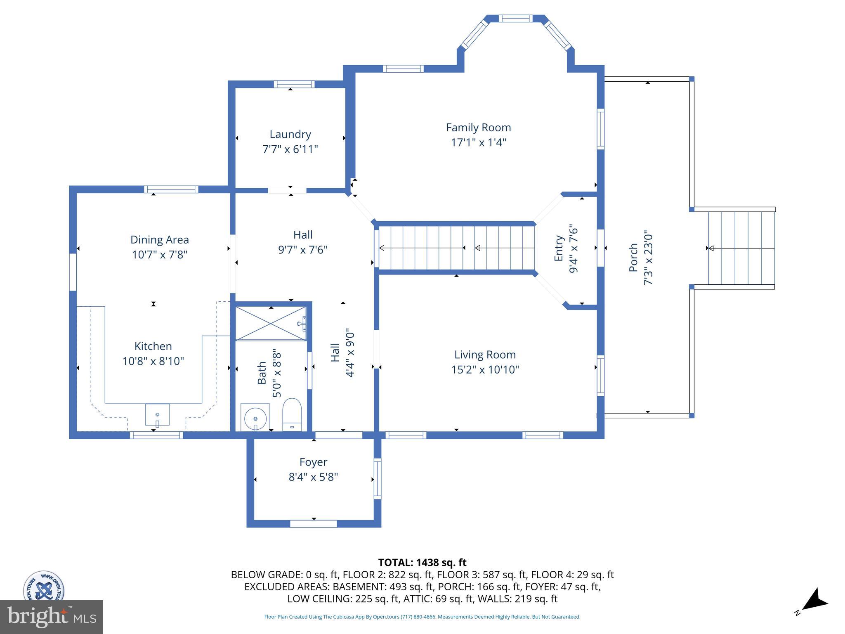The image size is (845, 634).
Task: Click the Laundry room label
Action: pyautogui.click(x=290, y=134)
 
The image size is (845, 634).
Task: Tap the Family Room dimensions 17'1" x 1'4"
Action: pyautogui.click(x=478, y=142)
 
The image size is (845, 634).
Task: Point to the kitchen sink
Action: pyautogui.click(x=157, y=414)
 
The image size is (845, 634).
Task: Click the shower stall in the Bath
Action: pyautogui.click(x=271, y=323)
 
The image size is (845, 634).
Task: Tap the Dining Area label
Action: pyautogui.click(x=160, y=240)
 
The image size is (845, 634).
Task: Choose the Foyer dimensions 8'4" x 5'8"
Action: pyautogui.click(x=313, y=477)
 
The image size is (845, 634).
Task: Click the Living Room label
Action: pyautogui.click(x=485, y=355)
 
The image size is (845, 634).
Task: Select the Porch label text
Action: pyautogui.click(x=633, y=258)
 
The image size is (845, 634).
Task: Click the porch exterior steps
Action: pyautogui.click(x=741, y=248)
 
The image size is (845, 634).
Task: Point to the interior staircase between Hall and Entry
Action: pyautogui.click(x=456, y=248)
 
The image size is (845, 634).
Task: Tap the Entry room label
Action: pyautogui.click(x=559, y=248)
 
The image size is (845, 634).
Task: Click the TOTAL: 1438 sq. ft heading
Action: pyautogui.click(x=422, y=563)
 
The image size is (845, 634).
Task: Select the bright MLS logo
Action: pyautogui.click(x=52, y=617)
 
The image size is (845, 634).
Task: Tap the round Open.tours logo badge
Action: pyautogui.click(x=43, y=587)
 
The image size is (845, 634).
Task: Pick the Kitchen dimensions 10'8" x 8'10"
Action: pyautogui.click(x=153, y=361)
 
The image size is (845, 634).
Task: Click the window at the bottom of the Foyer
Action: pyautogui.click(x=313, y=524)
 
